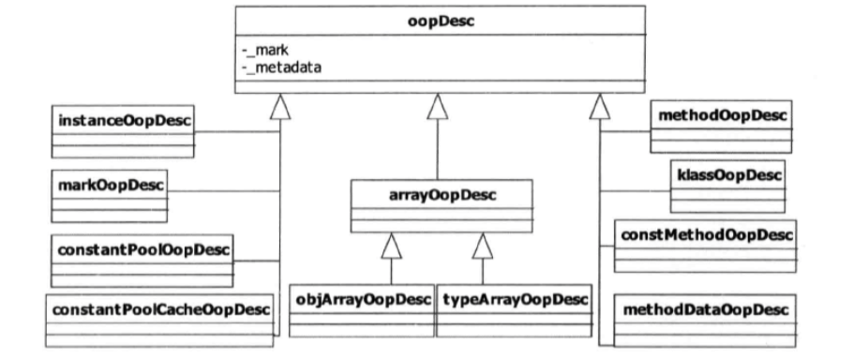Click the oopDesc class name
pos(438,21)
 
